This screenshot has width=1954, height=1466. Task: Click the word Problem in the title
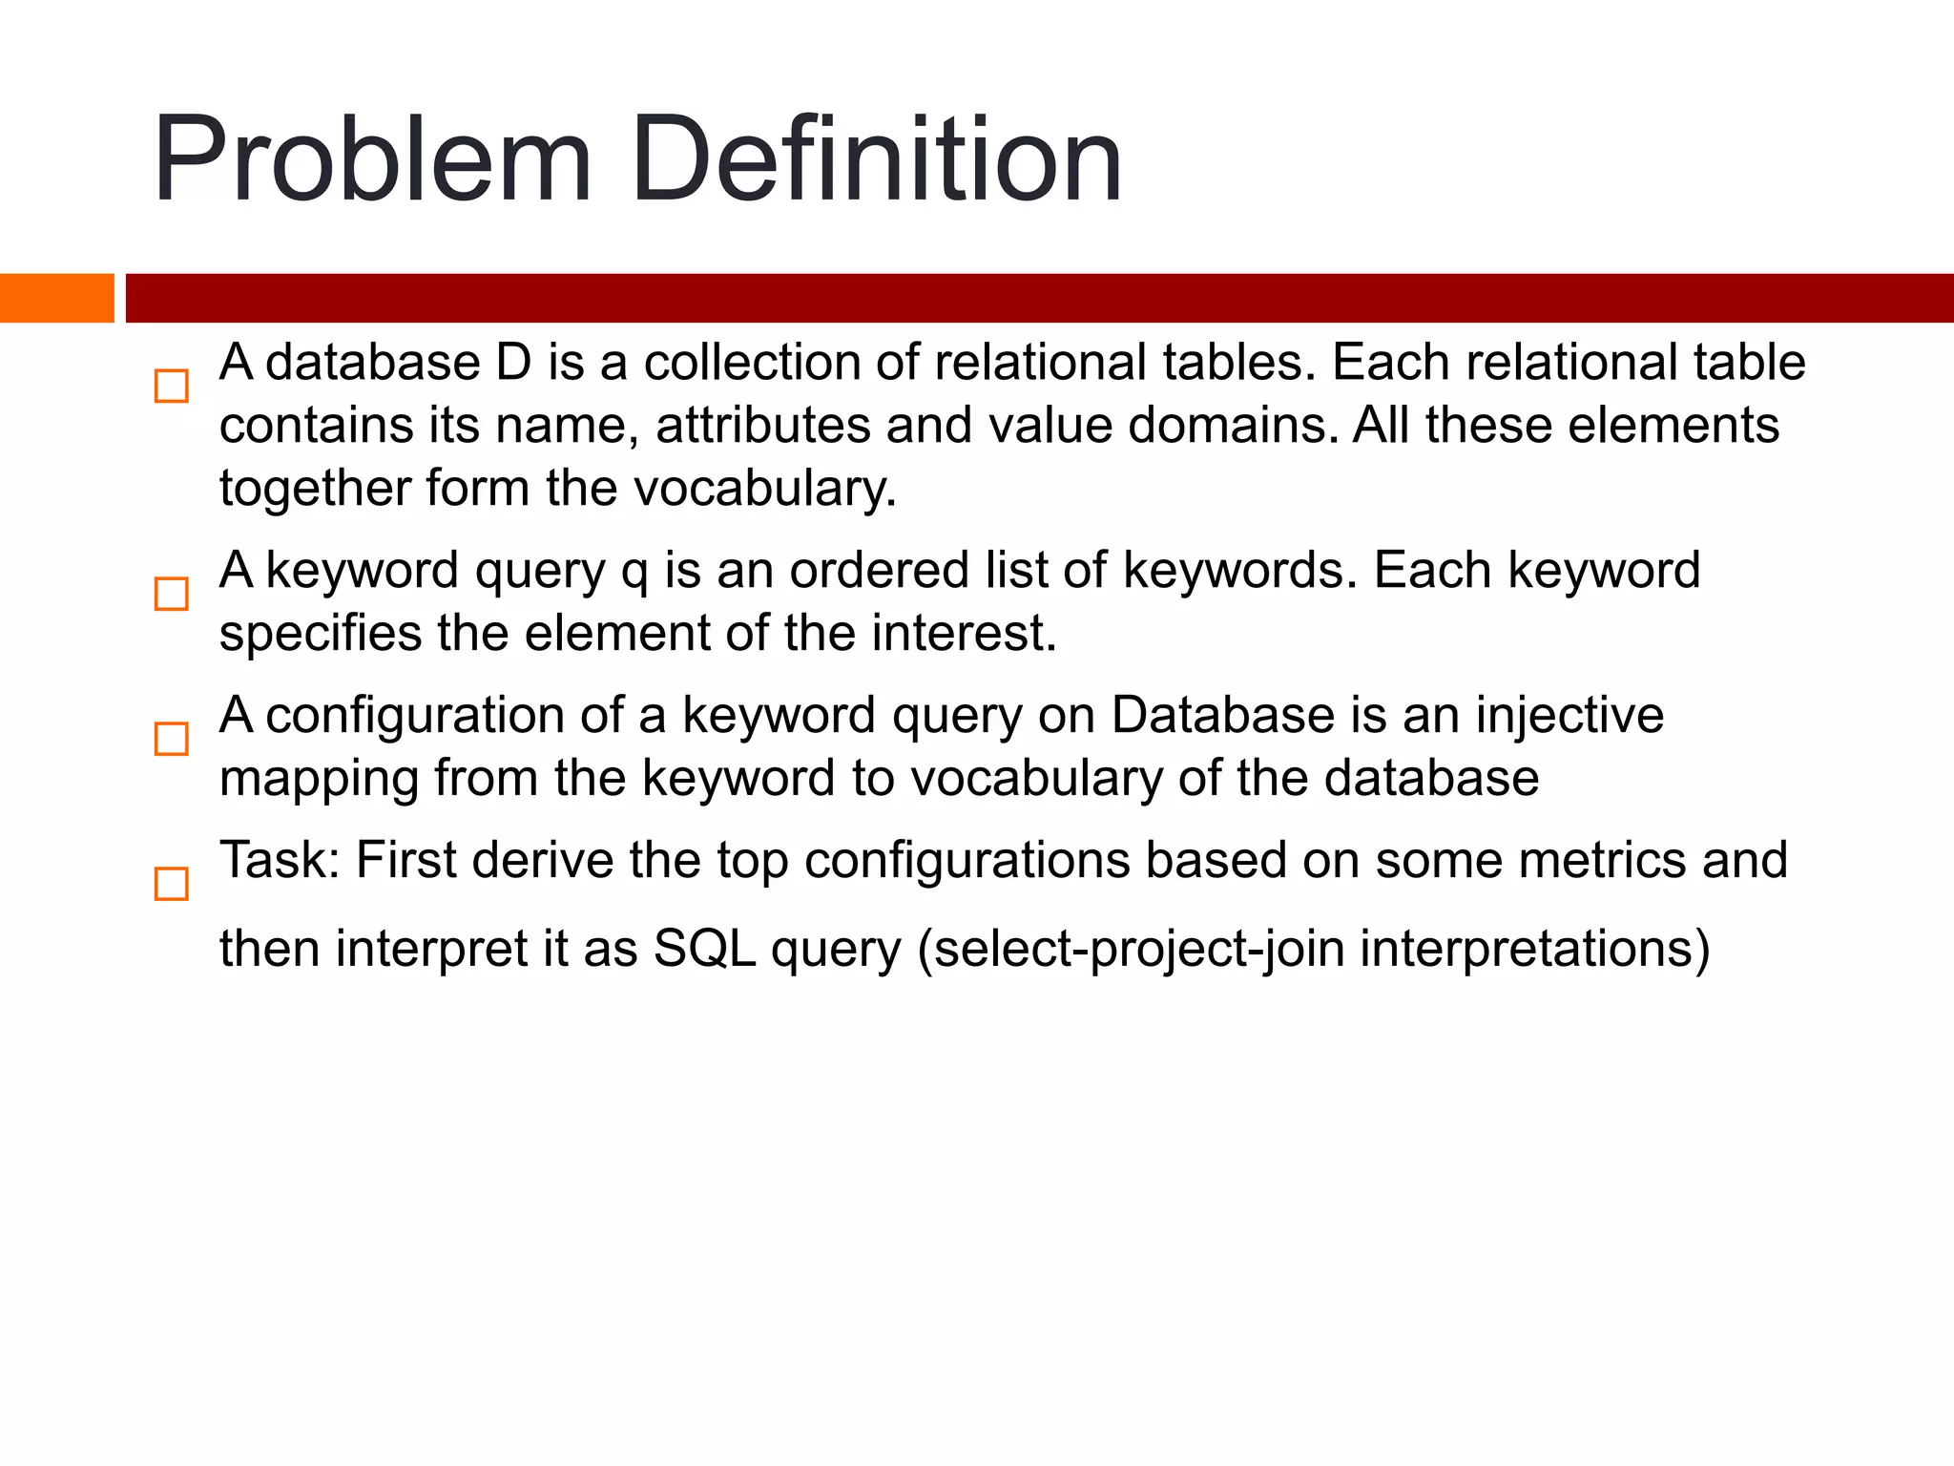(x=372, y=160)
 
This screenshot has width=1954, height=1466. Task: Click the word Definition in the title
(x=875, y=160)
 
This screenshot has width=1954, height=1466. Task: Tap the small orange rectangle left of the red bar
(x=56, y=298)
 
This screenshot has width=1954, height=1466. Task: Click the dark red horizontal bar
(x=1038, y=298)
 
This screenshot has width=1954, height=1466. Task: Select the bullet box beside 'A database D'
(x=172, y=387)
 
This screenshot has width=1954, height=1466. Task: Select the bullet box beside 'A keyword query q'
(x=172, y=594)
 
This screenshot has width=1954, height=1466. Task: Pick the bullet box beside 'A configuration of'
(x=172, y=739)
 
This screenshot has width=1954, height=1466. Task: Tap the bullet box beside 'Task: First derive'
(x=172, y=884)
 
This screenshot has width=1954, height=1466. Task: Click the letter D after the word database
(x=513, y=364)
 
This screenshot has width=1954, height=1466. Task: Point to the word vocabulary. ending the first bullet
(x=765, y=489)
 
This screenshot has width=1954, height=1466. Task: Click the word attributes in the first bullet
(x=762, y=426)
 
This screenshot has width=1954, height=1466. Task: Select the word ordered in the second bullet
(x=864, y=571)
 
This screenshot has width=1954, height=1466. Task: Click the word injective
(x=1569, y=716)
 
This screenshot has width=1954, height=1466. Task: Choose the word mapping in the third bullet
(x=319, y=779)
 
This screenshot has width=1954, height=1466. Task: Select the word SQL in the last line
(x=704, y=950)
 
